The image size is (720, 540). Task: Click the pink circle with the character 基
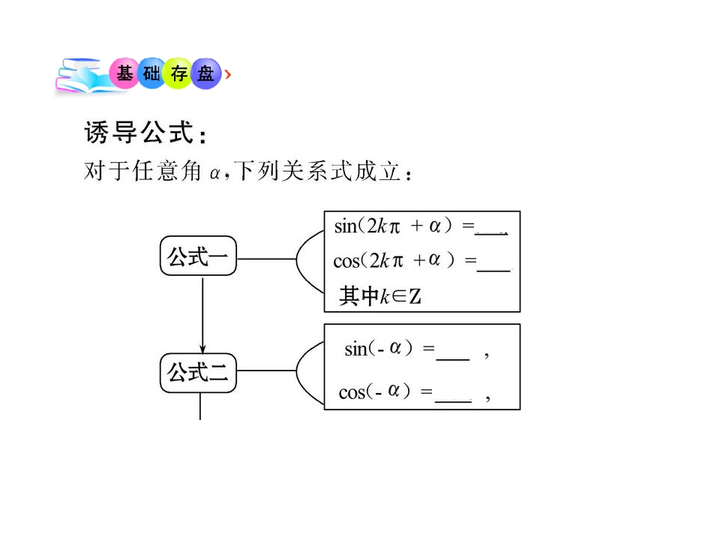click(124, 73)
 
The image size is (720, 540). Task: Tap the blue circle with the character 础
click(151, 73)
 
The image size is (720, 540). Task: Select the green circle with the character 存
click(178, 73)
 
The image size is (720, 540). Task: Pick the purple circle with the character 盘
click(206, 73)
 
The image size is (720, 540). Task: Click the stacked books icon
click(84, 76)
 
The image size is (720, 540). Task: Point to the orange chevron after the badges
click(228, 74)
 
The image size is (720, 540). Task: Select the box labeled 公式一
click(198, 256)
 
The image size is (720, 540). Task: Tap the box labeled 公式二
click(198, 373)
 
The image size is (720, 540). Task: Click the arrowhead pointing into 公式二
click(202, 349)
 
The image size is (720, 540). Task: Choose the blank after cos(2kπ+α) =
click(493, 271)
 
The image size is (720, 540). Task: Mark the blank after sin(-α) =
click(453, 359)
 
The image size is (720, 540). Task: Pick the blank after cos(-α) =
click(453, 402)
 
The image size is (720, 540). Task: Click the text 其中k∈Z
click(380, 295)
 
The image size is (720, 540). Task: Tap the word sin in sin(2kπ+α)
click(345, 226)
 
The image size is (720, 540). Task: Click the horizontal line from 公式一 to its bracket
click(267, 259)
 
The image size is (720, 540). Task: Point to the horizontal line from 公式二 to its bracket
click(267, 370)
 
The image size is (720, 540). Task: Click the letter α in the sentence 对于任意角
click(214, 173)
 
